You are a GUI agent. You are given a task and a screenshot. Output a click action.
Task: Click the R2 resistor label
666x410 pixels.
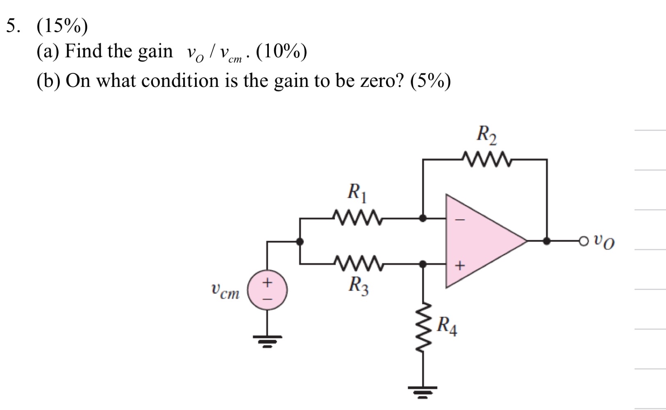coord(486,135)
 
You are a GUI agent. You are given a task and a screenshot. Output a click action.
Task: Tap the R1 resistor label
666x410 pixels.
coord(357,193)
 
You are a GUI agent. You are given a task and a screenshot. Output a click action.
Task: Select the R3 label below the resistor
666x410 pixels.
coord(359,286)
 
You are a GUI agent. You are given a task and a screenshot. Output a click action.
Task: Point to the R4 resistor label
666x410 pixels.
coord(447,326)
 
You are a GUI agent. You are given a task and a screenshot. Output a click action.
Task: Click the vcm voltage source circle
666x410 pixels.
coord(267,290)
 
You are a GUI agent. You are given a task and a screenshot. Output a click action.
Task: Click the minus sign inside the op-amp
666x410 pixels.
coord(460,220)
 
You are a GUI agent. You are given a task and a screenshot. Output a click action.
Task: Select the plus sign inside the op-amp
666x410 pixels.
coord(460,265)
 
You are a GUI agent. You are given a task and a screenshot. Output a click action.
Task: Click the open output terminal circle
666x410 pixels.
coord(584,241)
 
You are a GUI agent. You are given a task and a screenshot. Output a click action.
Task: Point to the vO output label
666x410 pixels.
coord(604,242)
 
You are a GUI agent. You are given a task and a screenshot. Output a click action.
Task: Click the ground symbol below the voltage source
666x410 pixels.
coord(267,341)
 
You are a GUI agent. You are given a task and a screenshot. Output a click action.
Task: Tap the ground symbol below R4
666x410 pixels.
coord(423,392)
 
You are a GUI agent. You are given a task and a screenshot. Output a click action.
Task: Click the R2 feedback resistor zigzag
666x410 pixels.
coord(486,159)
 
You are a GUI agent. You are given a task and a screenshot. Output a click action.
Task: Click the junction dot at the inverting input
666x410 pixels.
coord(423,219)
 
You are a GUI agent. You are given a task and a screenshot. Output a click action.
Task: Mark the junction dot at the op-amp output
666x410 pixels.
coord(546,241)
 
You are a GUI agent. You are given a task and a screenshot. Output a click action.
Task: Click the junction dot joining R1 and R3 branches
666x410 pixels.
coord(300,241)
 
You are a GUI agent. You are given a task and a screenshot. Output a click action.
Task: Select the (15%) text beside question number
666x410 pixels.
coord(62,26)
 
